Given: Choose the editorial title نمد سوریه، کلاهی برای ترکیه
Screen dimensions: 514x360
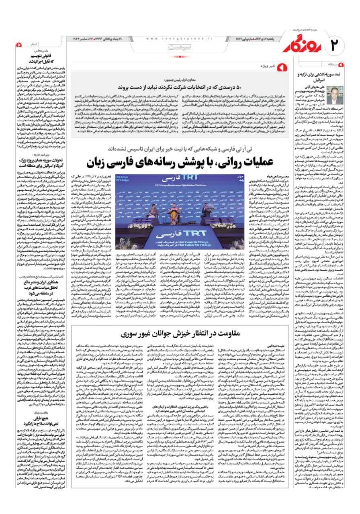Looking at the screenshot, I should (x=319, y=77).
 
